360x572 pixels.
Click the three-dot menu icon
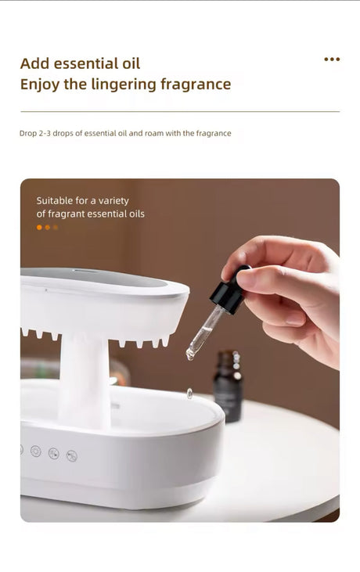pyautogui.click(x=332, y=59)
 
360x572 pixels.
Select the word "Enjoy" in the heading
pyautogui.click(x=40, y=85)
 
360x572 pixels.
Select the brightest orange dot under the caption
pyautogui.click(x=39, y=228)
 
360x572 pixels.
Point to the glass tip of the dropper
pyautogui.click(x=191, y=353)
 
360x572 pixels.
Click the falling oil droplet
pyautogui.click(x=189, y=394)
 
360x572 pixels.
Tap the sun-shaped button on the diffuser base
pyautogui.click(x=35, y=451)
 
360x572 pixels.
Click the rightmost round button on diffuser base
pyautogui.click(x=72, y=455)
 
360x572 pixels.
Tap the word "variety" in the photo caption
pyautogui.click(x=114, y=200)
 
